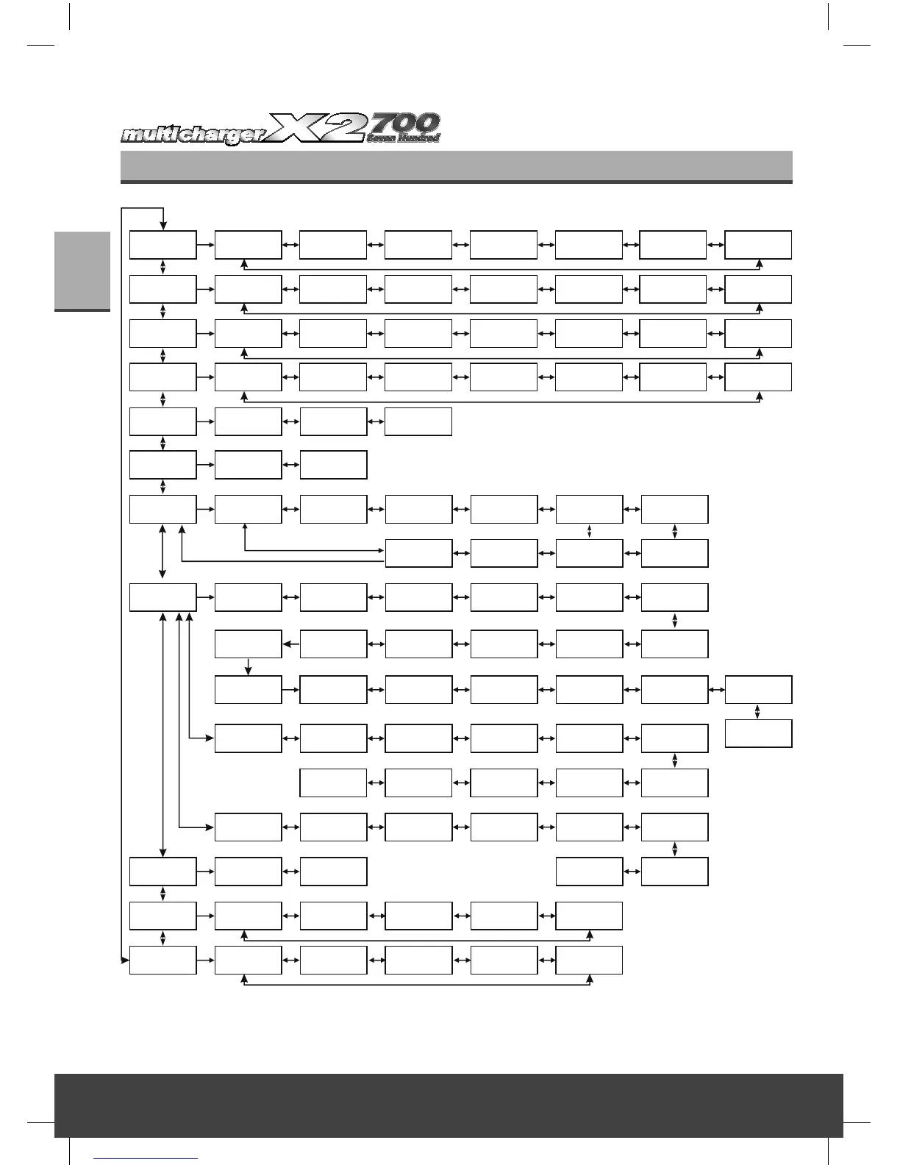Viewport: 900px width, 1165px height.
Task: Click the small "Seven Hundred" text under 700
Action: pos(403,138)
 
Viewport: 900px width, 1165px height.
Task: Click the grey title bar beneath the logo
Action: pos(456,166)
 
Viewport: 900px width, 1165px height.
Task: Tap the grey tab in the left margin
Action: pos(82,271)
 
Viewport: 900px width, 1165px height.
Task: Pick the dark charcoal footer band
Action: pos(449,1105)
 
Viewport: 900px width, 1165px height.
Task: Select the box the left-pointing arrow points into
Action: pos(248,644)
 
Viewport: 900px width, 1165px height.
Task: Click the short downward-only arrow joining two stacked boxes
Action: pos(249,666)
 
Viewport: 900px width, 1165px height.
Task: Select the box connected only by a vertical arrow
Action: pos(758,734)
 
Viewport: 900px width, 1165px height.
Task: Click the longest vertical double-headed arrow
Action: pos(162,733)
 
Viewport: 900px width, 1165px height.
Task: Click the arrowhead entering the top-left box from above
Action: pos(162,227)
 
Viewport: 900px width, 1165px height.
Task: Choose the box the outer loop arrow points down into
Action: pos(162,245)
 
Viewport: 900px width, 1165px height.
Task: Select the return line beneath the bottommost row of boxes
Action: pos(417,984)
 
